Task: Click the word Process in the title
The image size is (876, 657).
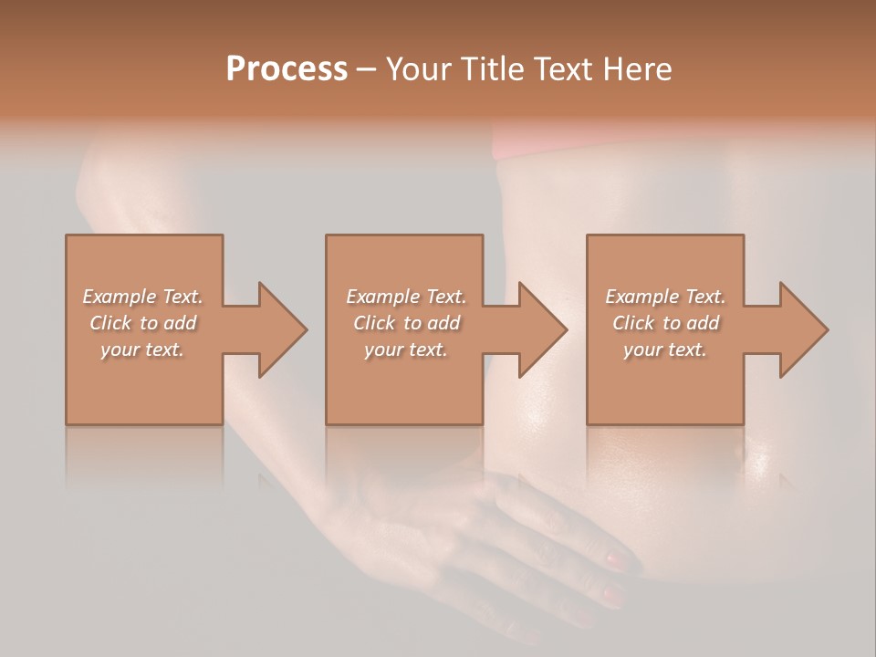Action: (287, 69)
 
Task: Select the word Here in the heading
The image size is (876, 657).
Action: (637, 69)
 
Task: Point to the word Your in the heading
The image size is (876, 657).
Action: (420, 69)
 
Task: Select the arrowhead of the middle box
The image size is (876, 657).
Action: (542, 329)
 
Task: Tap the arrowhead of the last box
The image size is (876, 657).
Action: (803, 329)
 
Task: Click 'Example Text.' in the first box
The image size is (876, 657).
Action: (142, 297)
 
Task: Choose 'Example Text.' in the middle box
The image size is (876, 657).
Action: (406, 297)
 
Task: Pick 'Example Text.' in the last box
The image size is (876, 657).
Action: (665, 297)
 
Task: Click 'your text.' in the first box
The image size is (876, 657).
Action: (142, 349)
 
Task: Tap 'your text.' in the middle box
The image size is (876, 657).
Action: (406, 349)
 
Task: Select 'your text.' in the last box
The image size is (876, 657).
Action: (665, 349)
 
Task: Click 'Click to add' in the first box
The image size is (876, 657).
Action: (143, 323)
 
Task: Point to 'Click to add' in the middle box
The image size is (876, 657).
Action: (407, 323)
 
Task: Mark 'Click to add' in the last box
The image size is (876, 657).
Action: (666, 323)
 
